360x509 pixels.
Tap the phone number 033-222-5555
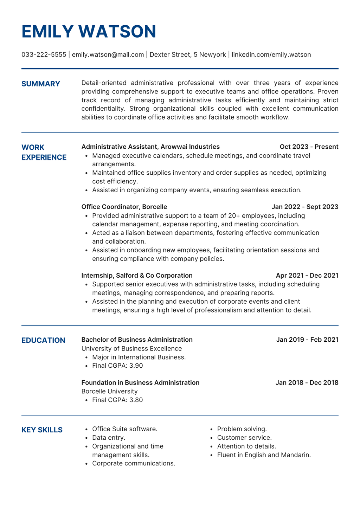(x=44, y=54)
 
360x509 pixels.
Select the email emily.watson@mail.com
(x=108, y=54)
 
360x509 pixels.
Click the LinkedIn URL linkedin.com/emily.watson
(x=271, y=54)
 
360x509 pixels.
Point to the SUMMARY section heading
(x=41, y=84)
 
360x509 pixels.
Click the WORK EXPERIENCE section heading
(x=44, y=152)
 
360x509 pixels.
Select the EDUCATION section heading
(x=43, y=340)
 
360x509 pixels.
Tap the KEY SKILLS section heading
(x=42, y=430)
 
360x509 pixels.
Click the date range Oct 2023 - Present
(x=309, y=147)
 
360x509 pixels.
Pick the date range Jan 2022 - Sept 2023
(x=305, y=207)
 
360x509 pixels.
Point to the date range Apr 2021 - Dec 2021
(x=307, y=275)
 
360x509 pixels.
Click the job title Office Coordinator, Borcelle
(x=124, y=207)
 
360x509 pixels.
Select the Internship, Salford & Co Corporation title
(x=137, y=275)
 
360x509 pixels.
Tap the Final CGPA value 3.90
(x=136, y=366)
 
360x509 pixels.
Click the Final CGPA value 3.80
(x=136, y=400)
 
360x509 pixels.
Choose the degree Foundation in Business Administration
(x=140, y=382)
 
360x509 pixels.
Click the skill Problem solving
(x=242, y=429)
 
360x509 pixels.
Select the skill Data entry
(x=109, y=438)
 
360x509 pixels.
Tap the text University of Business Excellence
(x=131, y=349)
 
